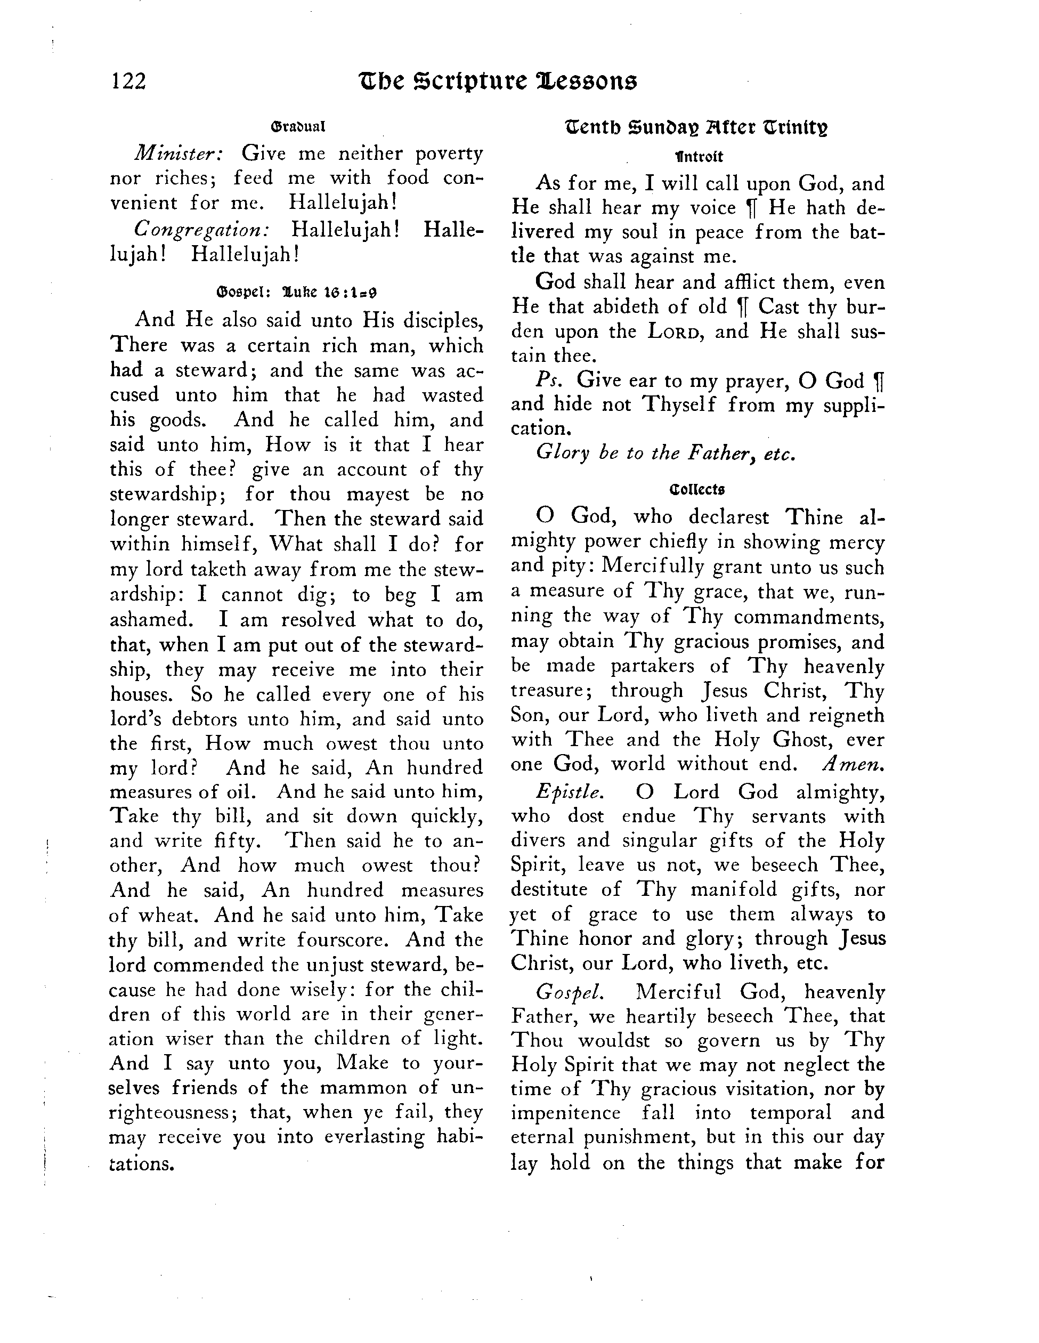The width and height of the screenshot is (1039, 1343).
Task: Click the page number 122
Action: (x=128, y=81)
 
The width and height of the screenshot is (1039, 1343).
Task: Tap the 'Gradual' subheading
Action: (x=297, y=127)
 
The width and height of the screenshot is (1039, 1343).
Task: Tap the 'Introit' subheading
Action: (x=699, y=157)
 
